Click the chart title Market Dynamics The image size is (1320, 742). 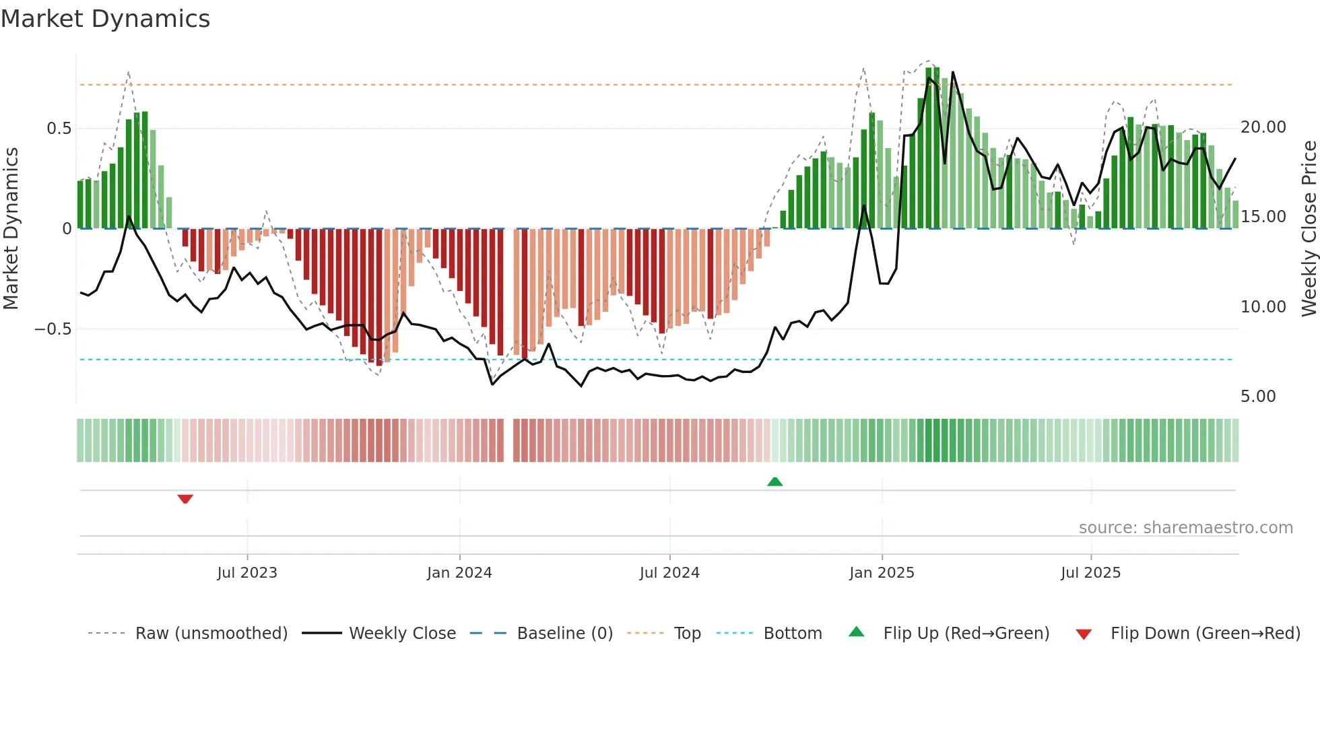(106, 19)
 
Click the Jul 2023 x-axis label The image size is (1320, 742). (247, 572)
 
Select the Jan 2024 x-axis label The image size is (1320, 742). (459, 572)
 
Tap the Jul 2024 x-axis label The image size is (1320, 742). (669, 572)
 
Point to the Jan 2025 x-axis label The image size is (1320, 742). (882, 572)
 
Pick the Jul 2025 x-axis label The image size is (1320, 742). (1090, 572)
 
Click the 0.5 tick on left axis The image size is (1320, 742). (59, 129)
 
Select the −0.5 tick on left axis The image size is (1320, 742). (53, 329)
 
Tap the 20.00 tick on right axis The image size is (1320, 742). (1263, 127)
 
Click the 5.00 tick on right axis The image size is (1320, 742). (1258, 397)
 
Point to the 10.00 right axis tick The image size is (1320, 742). (1263, 307)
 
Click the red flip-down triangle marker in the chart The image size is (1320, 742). (185, 499)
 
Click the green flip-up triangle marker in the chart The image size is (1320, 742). (774, 481)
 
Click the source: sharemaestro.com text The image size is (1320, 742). (1185, 528)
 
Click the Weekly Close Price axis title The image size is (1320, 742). (1309, 229)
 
